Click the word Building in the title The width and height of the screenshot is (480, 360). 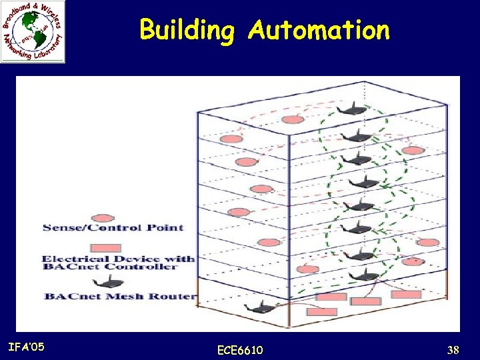[x=187, y=31]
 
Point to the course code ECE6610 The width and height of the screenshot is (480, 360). [x=240, y=350]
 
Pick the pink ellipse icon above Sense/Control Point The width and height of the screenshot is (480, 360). [x=101, y=217]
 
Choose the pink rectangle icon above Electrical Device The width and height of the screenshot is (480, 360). [x=105, y=248]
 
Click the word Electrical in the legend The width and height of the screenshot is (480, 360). [x=75, y=259]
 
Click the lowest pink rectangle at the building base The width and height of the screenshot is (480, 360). [x=322, y=311]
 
